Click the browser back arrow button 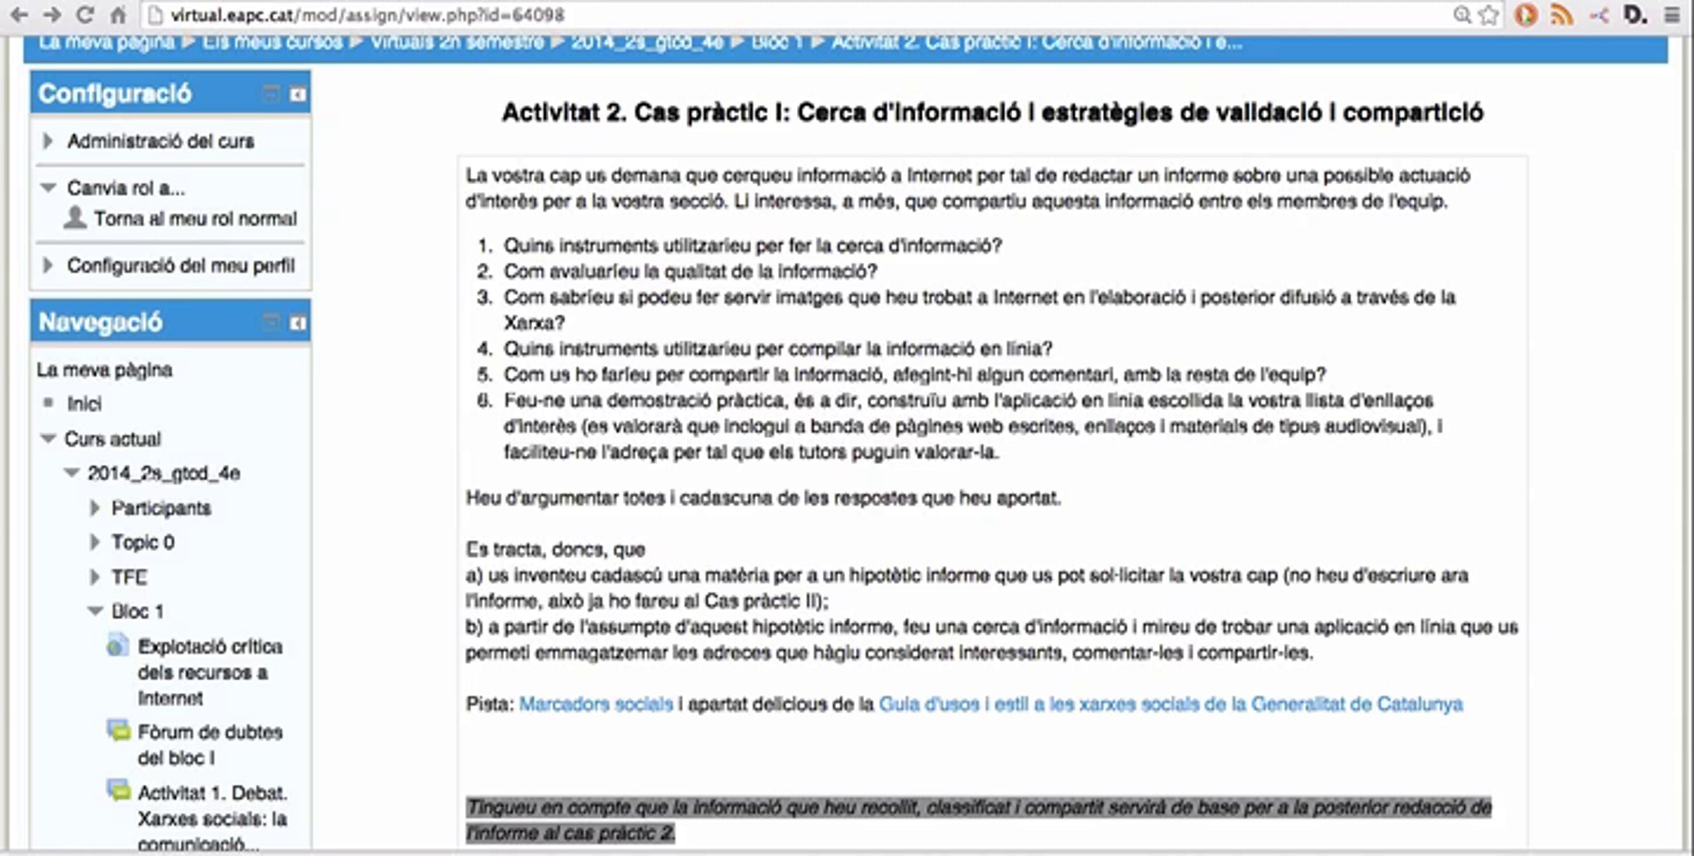pos(19,15)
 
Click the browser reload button pos(85,15)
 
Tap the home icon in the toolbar pos(118,15)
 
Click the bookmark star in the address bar pos(1489,15)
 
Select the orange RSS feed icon pos(1561,15)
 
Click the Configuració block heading pos(115,93)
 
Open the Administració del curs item pos(160,141)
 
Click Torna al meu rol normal pos(195,219)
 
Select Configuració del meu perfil pos(181,265)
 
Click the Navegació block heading pos(101,322)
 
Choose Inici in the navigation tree pos(84,404)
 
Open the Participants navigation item pos(161,508)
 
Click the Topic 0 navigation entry pos(143,542)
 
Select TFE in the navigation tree pos(129,577)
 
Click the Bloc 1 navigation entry pos(137,611)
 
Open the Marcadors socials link pos(596,704)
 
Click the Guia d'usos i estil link pos(1170,704)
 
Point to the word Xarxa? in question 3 pos(534,322)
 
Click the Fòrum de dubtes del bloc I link pos(210,745)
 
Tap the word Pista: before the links pos(489,704)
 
